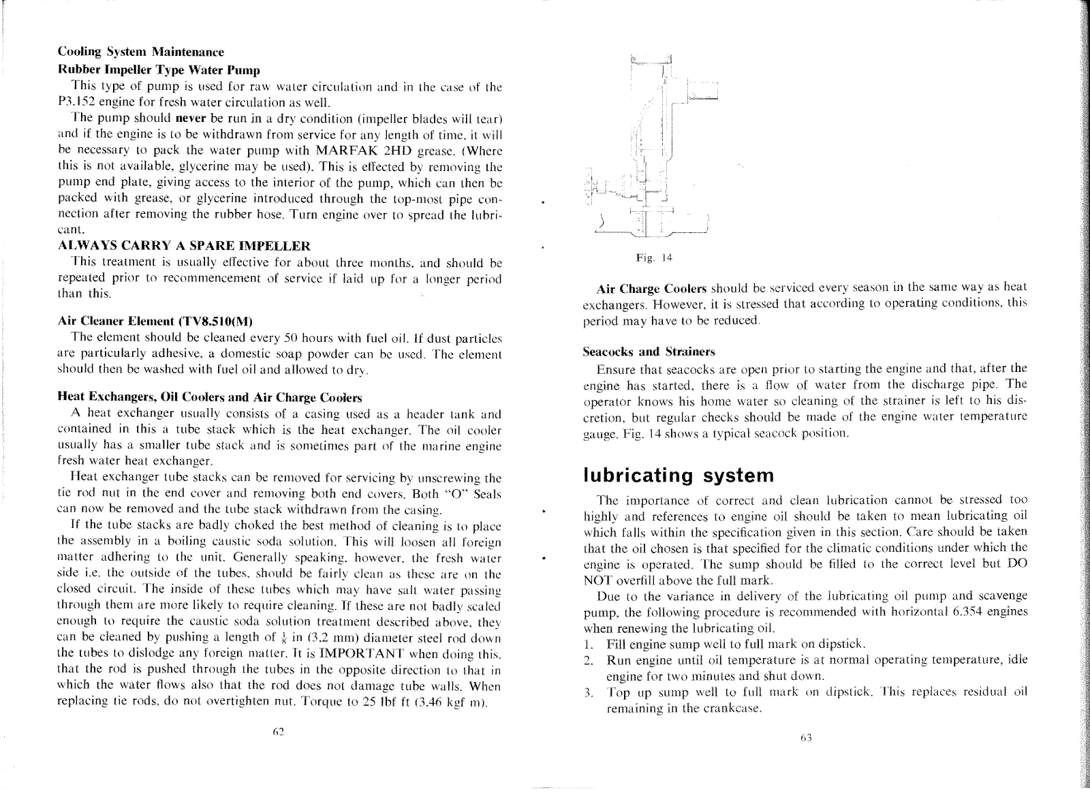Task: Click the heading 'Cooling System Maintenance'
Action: (x=140, y=52)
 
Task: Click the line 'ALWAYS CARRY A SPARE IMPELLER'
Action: (x=185, y=245)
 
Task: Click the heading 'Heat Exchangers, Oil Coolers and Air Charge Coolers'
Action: (x=210, y=397)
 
